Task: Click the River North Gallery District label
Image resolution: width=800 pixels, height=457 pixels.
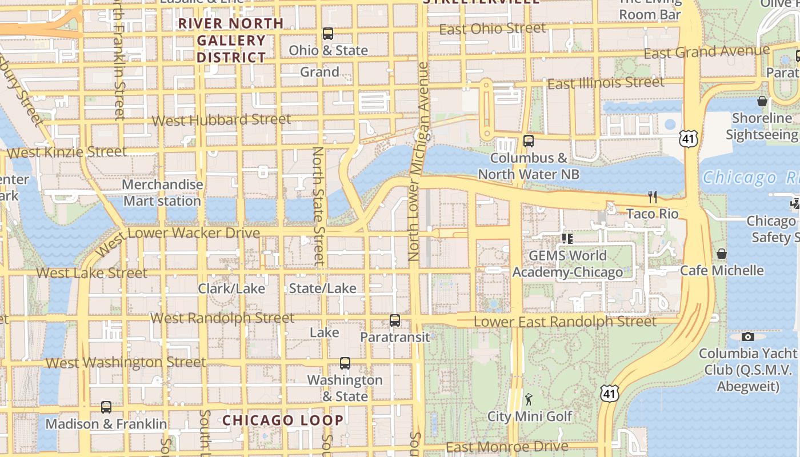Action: tap(231, 41)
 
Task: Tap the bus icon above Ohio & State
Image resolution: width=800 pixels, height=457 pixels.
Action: tap(328, 34)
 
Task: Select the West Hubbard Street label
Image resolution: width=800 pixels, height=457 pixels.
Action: tap(222, 120)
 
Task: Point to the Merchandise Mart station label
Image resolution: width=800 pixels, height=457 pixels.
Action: tap(162, 193)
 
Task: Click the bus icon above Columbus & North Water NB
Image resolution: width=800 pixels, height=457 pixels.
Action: tap(529, 141)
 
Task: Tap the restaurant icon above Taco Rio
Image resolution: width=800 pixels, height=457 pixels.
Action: tap(653, 197)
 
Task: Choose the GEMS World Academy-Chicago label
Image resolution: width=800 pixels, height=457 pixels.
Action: tap(567, 263)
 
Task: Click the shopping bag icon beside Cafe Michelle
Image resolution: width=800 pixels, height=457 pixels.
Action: tap(722, 254)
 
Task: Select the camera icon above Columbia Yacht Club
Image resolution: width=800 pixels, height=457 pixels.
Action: tap(747, 336)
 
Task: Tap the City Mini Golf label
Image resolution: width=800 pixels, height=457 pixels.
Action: tap(529, 416)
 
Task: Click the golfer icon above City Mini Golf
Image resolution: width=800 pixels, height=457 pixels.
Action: tap(529, 399)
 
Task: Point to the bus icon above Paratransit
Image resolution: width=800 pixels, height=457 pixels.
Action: tap(395, 320)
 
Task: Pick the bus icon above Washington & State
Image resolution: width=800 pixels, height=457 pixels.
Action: tap(345, 363)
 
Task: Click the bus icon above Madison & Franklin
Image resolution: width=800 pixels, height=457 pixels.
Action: tap(106, 407)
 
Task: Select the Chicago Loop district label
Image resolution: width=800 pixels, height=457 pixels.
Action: tap(283, 420)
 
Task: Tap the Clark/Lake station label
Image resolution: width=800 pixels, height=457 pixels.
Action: tap(231, 288)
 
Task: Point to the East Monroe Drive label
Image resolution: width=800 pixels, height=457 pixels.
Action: tap(507, 447)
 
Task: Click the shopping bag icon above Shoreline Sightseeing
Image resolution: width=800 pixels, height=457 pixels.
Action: tap(762, 102)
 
